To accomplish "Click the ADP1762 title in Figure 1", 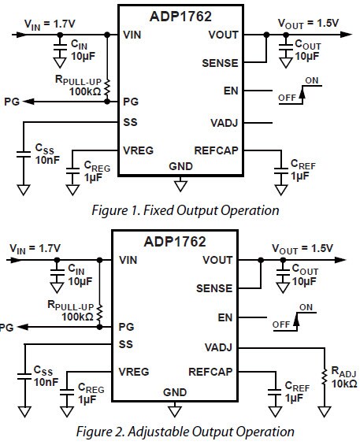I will click(180, 15).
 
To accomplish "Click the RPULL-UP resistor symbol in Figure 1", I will click(106, 87).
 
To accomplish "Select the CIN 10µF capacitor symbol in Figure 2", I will click(56, 273).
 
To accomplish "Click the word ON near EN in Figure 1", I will click(311, 80).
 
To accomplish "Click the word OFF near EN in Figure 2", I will click(280, 324).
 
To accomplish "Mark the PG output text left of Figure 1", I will click(11, 102).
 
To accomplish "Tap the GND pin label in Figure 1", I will click(180, 166).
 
